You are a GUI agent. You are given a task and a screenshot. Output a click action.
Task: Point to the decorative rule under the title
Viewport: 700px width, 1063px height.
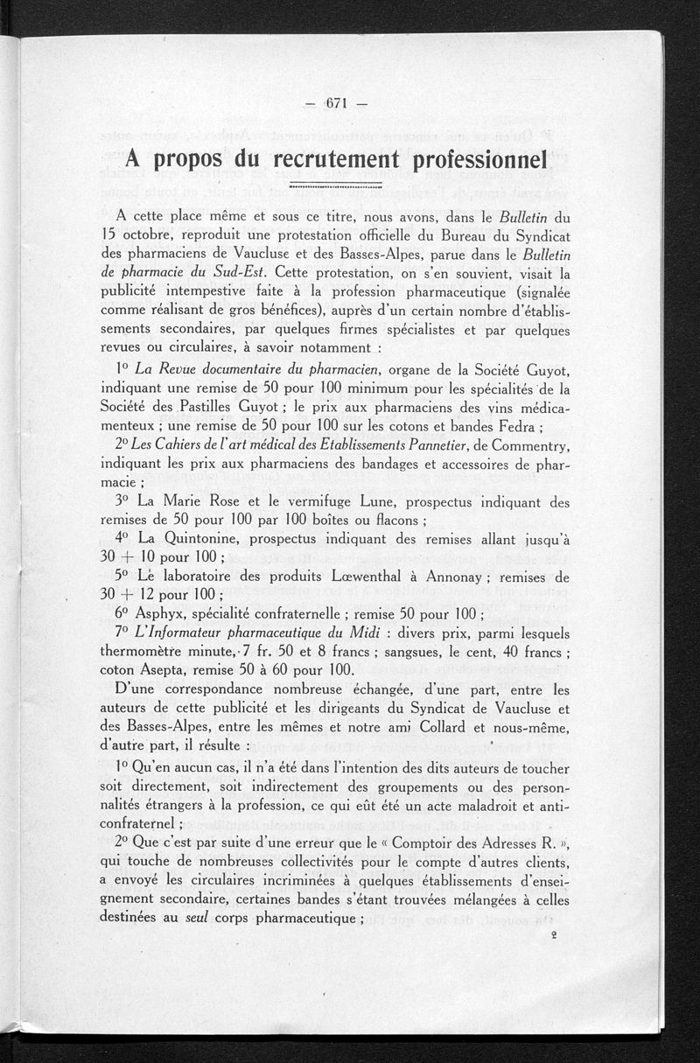(336, 185)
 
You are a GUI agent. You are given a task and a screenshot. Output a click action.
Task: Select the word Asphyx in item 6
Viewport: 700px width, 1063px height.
(163, 615)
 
